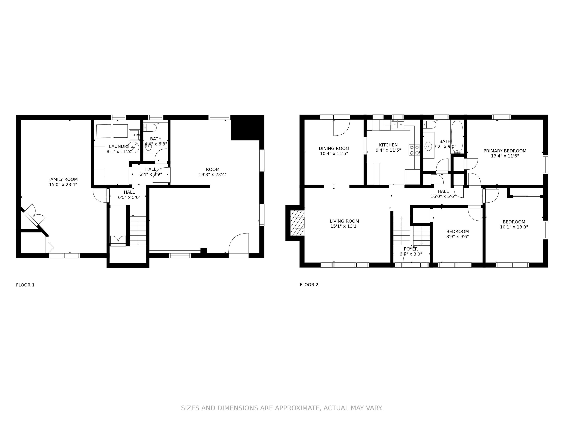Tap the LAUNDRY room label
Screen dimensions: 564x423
pos(119,146)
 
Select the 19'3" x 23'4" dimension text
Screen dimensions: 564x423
pos(213,175)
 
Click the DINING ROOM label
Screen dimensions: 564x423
pos(334,148)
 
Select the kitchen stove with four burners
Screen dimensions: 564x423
pos(414,150)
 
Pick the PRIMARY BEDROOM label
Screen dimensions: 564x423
pos(505,151)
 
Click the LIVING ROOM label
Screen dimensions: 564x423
pos(344,221)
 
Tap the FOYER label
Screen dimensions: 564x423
pos(411,249)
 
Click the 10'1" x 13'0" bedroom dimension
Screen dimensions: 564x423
pos(514,227)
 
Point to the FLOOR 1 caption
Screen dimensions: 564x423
pos(25,285)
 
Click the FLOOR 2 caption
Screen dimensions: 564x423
pos(309,285)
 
